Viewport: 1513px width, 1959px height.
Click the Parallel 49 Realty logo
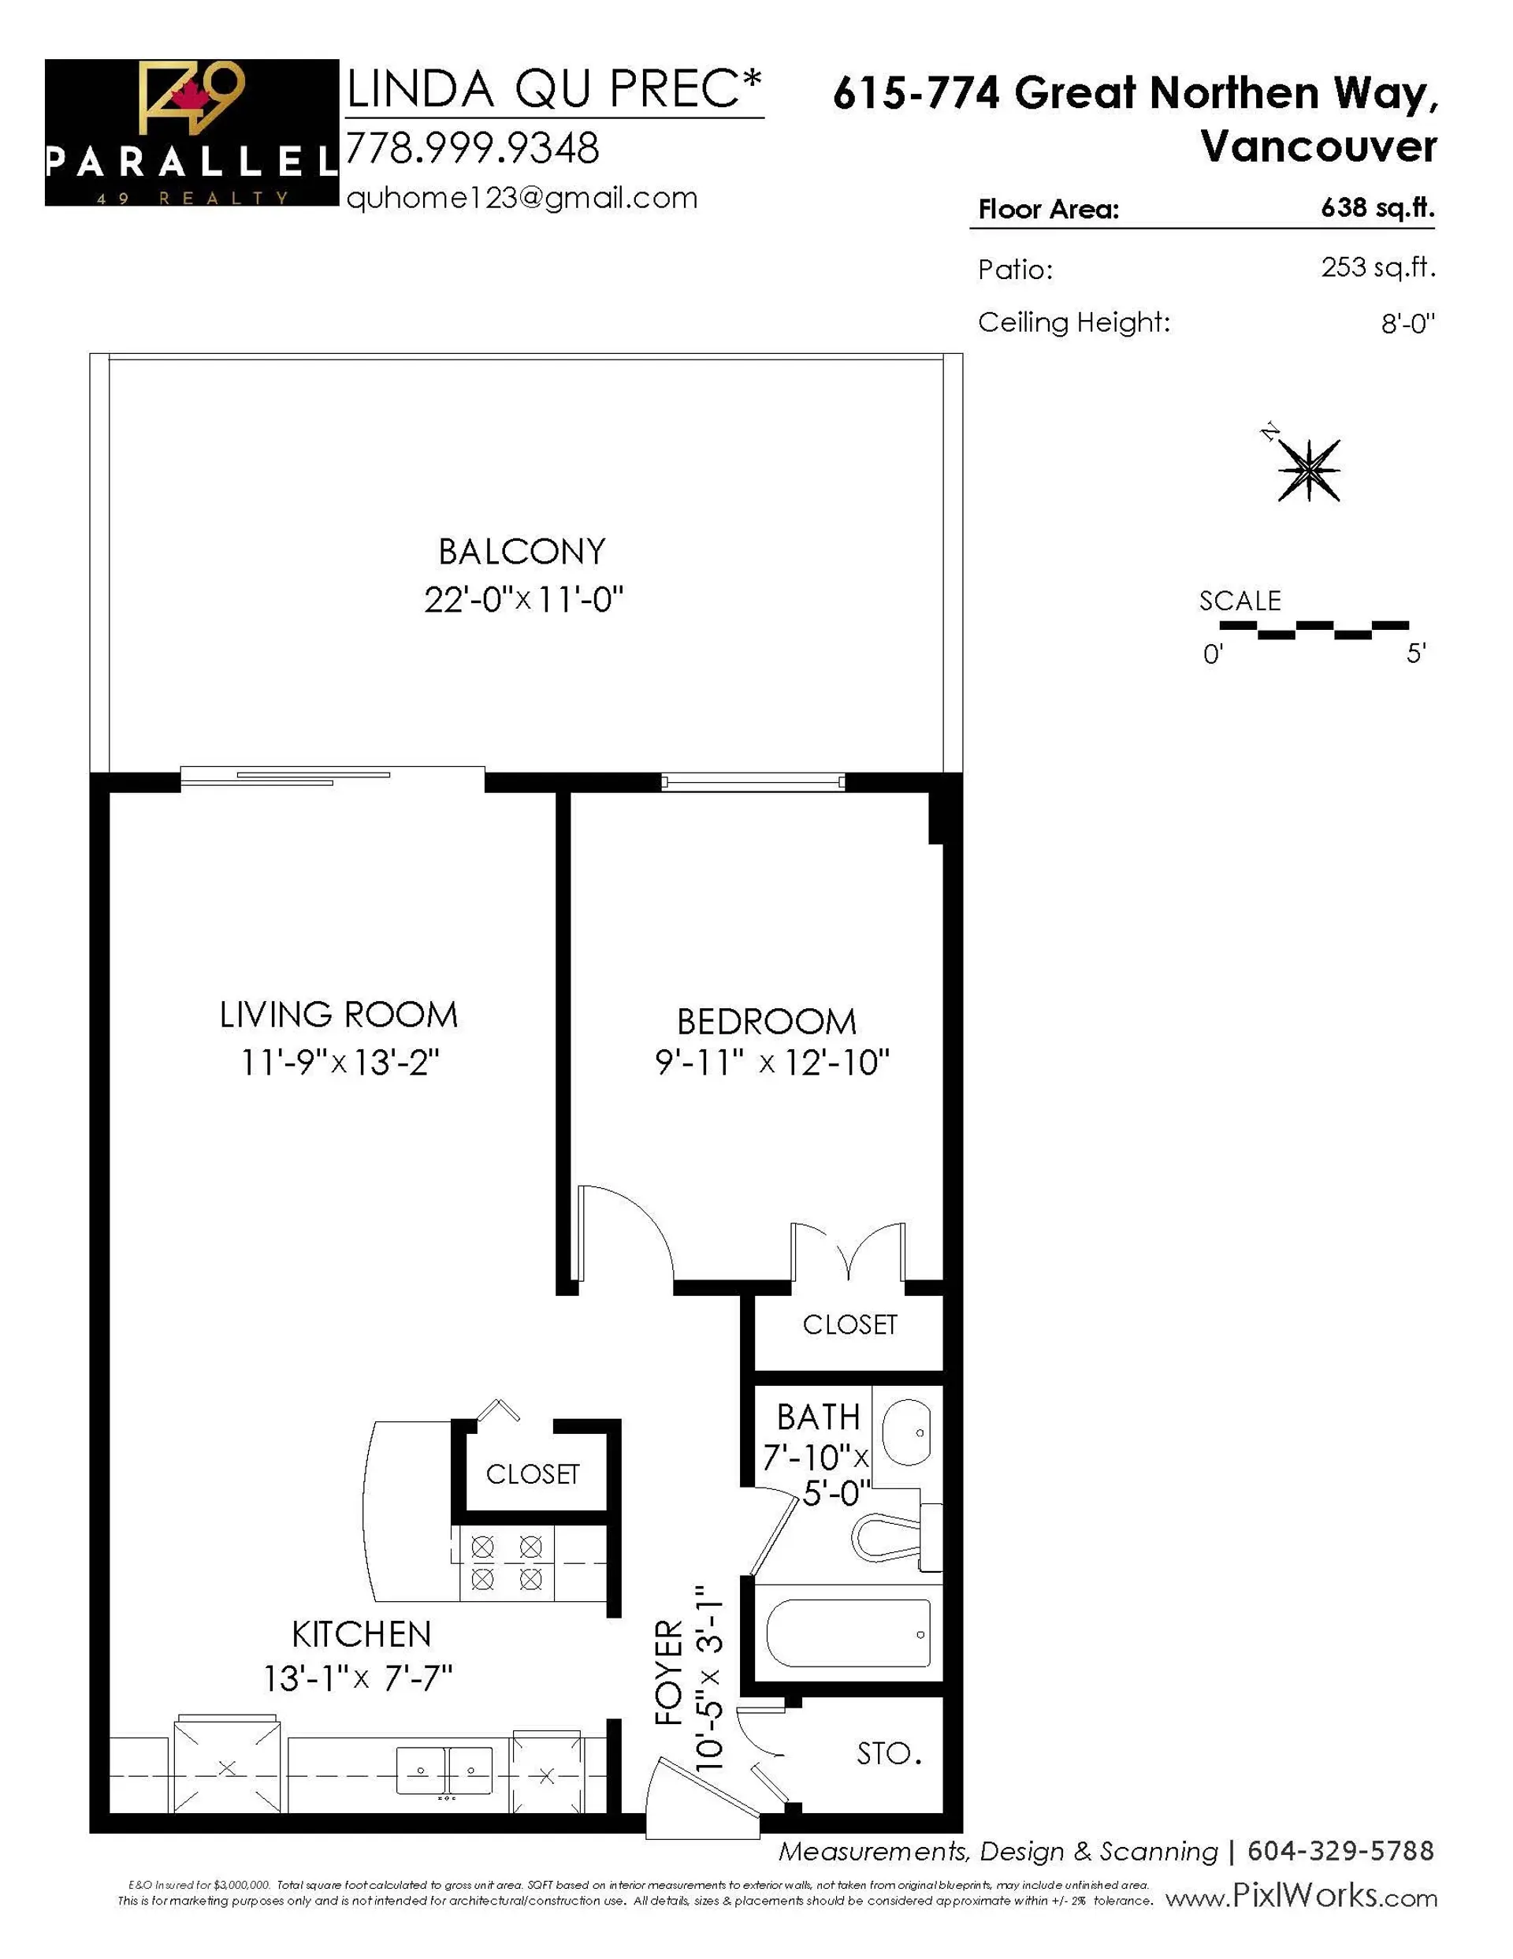[x=191, y=132]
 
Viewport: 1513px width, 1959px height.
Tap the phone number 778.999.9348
[x=472, y=149]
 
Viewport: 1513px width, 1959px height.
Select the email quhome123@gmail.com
[x=521, y=198]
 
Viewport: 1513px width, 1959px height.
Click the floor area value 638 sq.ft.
[x=1377, y=208]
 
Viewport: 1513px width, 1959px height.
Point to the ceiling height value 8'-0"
[x=1407, y=324]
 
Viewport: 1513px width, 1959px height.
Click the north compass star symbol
[x=1309, y=470]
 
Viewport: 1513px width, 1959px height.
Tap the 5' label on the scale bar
[x=1415, y=654]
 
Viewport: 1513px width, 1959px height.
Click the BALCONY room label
[x=521, y=552]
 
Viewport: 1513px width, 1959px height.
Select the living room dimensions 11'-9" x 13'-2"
[x=340, y=1063]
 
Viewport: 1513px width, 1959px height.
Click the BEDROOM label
[x=766, y=1022]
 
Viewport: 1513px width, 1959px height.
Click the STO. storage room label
[x=889, y=1753]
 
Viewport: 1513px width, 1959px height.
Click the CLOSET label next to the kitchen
[x=533, y=1473]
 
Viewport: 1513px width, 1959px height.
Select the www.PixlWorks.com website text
[x=1300, y=1897]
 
